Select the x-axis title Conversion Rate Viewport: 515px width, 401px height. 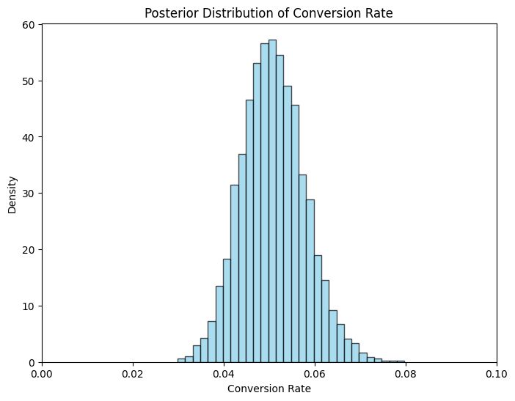(269, 389)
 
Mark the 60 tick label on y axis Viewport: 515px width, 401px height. (28, 24)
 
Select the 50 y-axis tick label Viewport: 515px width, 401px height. (28, 81)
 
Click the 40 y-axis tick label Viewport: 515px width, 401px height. (28, 137)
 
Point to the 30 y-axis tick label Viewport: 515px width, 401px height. (28, 194)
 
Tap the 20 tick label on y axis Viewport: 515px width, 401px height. (28, 249)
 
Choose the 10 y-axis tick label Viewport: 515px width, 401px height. (28, 306)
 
